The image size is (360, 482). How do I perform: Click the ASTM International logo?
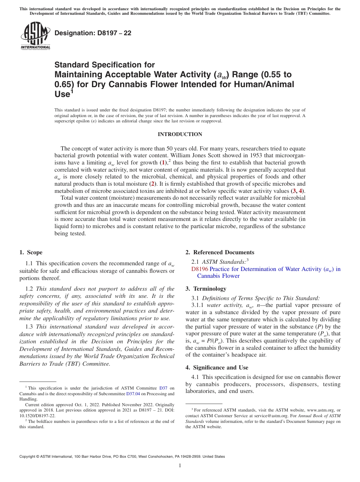(35, 36)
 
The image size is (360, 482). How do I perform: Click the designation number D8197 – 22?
(93, 33)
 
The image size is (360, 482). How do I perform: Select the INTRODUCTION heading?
(180, 134)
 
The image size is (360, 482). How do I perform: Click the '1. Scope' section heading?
(31, 252)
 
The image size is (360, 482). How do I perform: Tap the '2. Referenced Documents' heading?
(220, 252)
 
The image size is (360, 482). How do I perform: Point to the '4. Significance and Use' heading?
(217, 367)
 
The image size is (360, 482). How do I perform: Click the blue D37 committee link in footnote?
(163, 388)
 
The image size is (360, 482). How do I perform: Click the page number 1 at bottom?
(180, 466)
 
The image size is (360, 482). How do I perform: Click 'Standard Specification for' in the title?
(105, 65)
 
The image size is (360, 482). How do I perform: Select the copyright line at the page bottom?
(122, 457)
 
